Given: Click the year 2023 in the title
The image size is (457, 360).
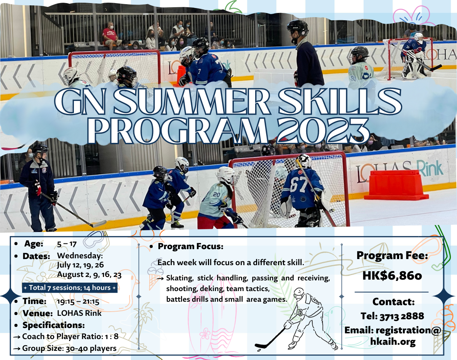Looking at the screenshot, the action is coord(323,131).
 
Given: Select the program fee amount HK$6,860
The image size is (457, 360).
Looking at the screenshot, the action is coord(392,276).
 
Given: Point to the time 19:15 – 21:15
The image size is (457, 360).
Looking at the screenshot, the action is coord(78,302).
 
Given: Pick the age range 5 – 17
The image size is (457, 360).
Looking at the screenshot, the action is coord(67,244).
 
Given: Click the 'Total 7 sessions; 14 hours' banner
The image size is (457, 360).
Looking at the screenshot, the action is coord(70,288).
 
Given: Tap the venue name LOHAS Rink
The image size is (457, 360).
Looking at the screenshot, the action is coord(79,313).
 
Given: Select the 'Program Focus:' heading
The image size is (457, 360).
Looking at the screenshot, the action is coord(190,246).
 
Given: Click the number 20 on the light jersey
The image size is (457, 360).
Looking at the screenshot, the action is coord(216,194).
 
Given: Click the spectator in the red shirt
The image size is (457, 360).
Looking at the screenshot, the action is coord(110,35).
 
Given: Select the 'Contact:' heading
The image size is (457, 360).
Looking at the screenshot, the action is coord(393,302).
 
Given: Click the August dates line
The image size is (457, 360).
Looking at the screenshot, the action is coord(89,275).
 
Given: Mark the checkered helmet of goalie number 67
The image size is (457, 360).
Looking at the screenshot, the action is coord(304,161).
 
